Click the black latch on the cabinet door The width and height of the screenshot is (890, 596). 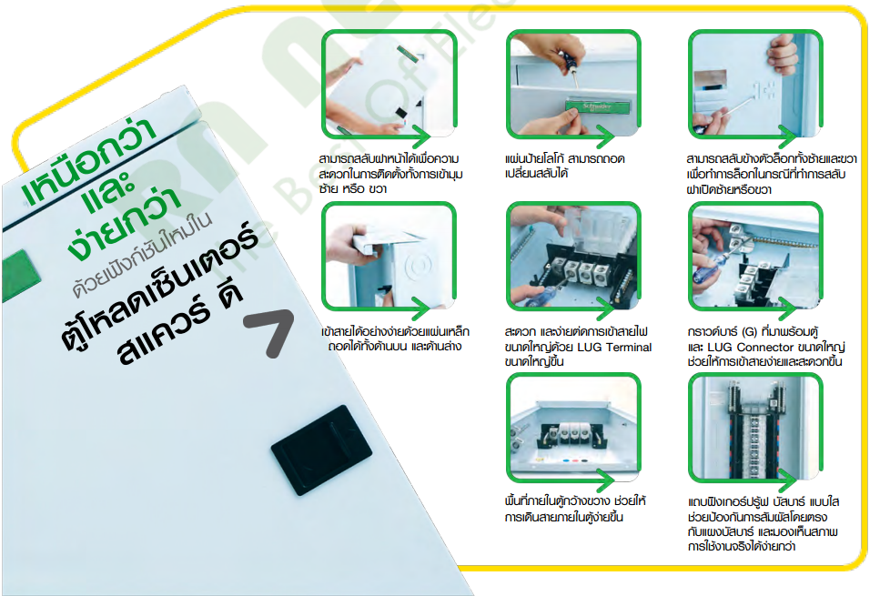tap(321, 450)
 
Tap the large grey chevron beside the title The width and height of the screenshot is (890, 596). tap(272, 331)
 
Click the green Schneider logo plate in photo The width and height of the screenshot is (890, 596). tap(597, 106)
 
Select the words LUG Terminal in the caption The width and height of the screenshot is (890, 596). tap(614, 347)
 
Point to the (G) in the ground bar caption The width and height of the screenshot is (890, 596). tap(749, 331)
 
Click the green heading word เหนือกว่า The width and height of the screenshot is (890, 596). tap(88, 161)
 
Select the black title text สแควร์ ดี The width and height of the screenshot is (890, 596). tap(180, 321)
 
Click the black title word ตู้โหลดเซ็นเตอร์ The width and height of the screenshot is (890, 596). tap(160, 283)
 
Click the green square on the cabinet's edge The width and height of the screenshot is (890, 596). tap(19, 275)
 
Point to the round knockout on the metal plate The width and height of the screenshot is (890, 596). tap(419, 265)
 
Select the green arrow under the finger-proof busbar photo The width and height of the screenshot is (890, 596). tap(750, 480)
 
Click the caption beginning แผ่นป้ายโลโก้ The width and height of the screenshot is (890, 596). tap(565, 166)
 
